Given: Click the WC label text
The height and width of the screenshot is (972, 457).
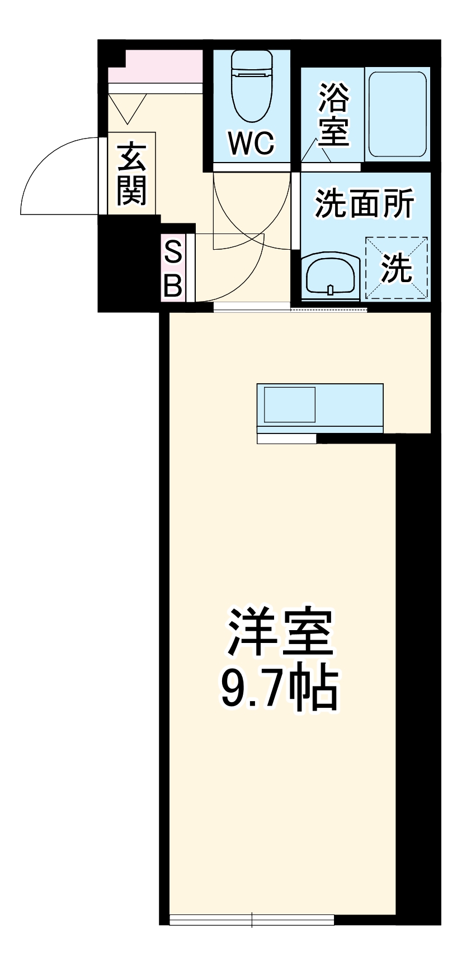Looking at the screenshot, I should pos(252,143).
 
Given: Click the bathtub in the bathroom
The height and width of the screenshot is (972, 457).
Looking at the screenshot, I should pos(397,114).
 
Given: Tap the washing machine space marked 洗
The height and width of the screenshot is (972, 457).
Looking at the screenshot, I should pos(397,268).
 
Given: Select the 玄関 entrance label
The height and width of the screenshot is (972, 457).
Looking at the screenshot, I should pos(132,174).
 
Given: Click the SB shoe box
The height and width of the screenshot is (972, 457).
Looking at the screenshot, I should pos(173,269).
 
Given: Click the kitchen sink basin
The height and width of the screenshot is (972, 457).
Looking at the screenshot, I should pos(289,405).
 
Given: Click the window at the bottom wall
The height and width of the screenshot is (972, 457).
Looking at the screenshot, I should pos(252,919).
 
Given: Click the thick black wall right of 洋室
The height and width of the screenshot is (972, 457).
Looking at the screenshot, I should pos(417,670).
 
